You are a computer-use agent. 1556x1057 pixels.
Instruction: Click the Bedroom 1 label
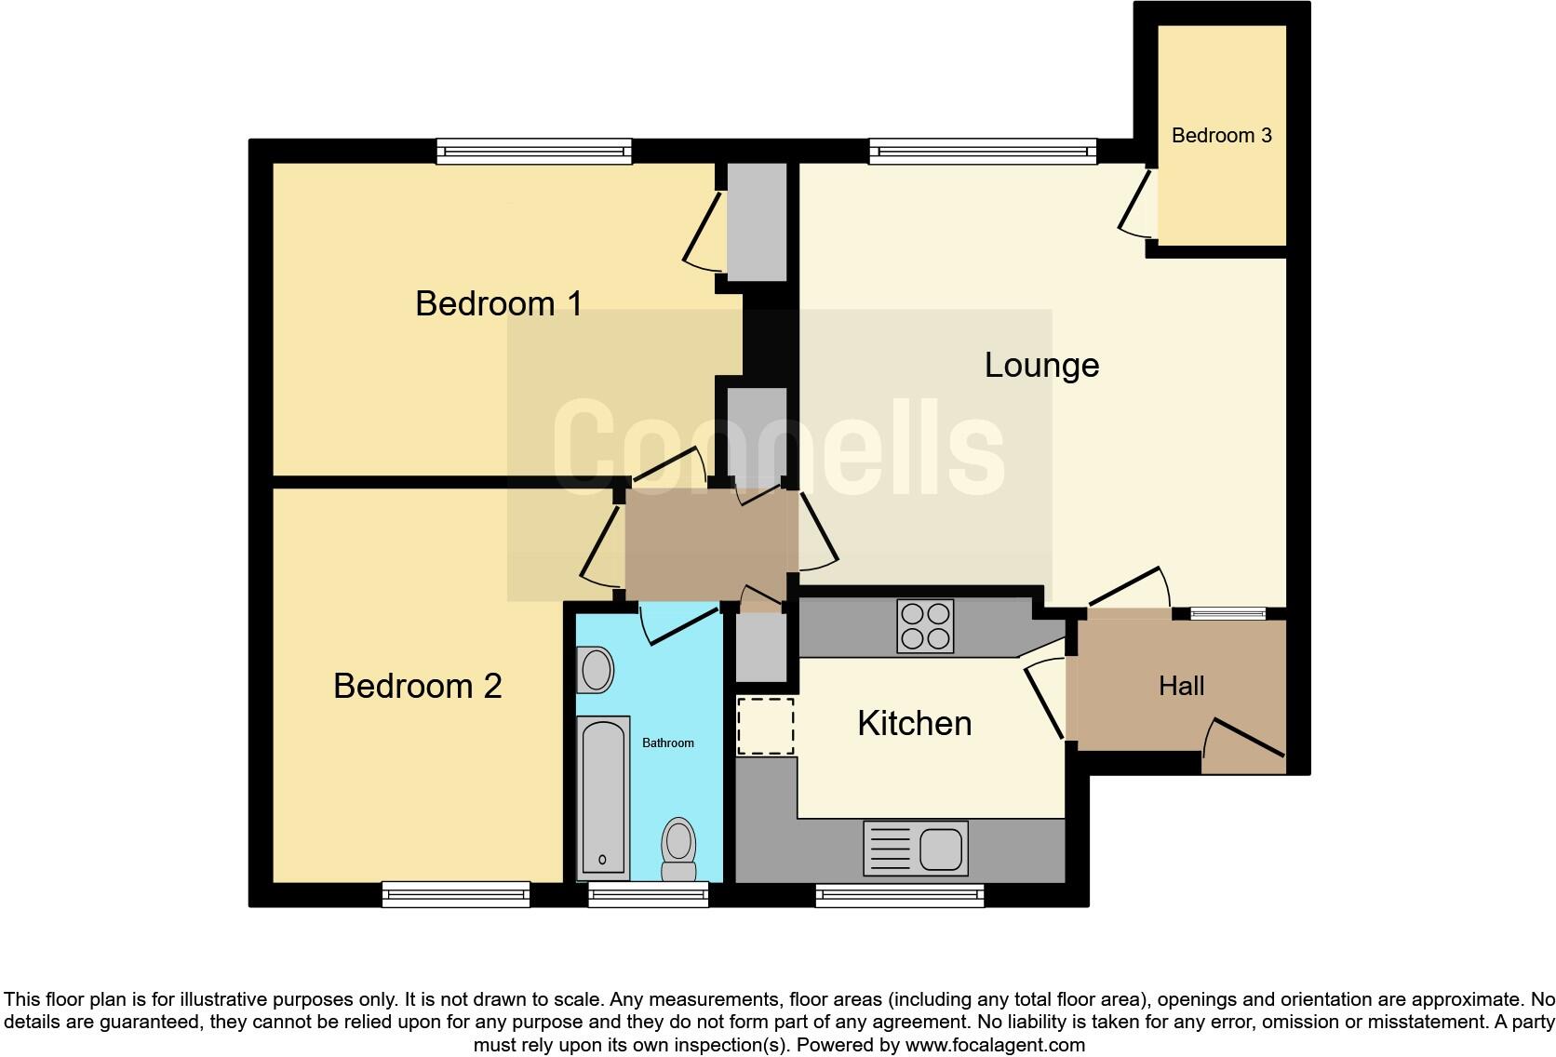(499, 303)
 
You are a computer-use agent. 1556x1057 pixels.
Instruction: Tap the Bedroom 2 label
(417, 686)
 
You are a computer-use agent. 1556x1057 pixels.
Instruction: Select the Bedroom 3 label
(1221, 136)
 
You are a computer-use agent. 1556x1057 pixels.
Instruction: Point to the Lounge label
(1041, 365)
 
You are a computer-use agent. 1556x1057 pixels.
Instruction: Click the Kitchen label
(914, 723)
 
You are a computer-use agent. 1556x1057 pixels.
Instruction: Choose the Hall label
(1181, 686)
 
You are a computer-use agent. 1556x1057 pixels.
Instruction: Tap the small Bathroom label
(668, 743)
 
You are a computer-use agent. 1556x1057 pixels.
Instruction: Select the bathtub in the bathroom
(603, 796)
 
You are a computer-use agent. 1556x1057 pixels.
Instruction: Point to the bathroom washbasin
(595, 670)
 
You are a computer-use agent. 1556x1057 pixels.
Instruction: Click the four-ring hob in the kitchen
(925, 625)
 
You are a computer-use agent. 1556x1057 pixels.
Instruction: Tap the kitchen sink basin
(941, 849)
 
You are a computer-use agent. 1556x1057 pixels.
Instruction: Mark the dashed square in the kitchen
(766, 726)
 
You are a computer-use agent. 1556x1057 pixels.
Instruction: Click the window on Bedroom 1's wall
(534, 151)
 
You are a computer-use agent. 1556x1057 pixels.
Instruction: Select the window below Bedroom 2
(456, 894)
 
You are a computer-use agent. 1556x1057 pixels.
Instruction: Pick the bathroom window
(649, 894)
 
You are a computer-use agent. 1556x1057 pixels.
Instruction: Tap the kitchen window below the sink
(900, 894)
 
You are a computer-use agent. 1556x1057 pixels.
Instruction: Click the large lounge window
(983, 151)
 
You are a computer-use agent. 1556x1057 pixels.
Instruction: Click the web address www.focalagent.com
(995, 1044)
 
